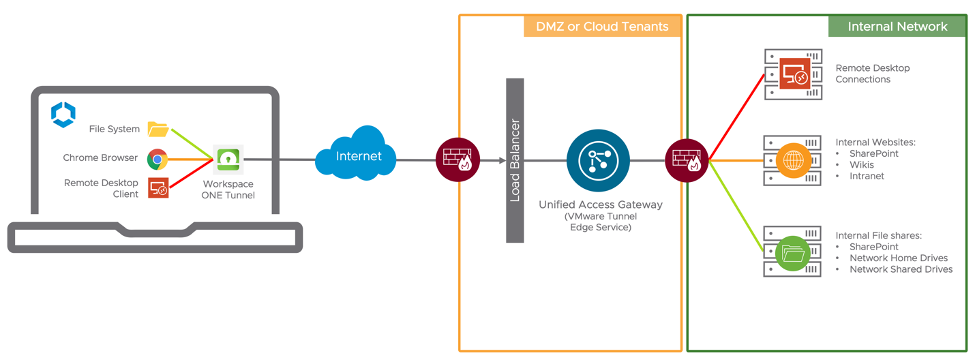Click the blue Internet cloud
(x=358, y=156)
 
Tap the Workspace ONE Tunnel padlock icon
(x=229, y=159)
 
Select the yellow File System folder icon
(x=158, y=128)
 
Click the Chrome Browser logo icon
(x=157, y=158)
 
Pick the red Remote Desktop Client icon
(x=158, y=188)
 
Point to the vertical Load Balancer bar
(x=515, y=160)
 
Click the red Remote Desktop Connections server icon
(x=795, y=74)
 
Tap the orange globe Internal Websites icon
(x=794, y=160)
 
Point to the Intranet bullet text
(x=867, y=176)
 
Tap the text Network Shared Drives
(x=900, y=269)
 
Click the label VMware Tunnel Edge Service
(x=597, y=222)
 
